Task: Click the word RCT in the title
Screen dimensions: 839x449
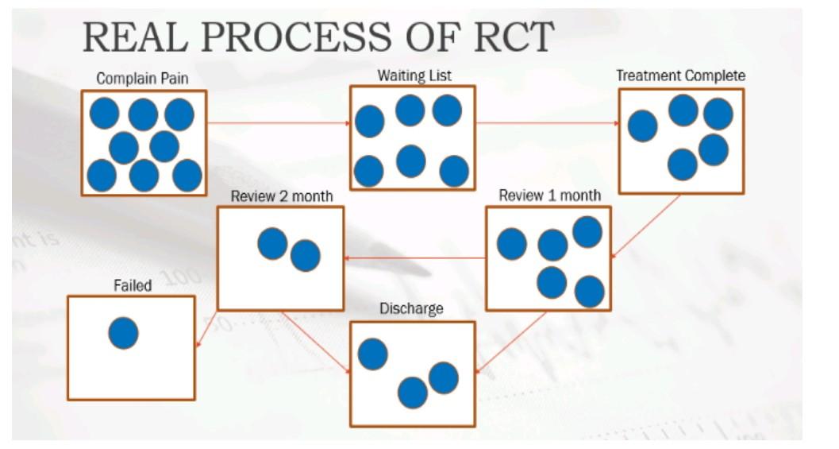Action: tap(513, 37)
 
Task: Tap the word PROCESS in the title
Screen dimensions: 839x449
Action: tap(295, 37)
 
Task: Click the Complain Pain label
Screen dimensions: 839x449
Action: tap(142, 79)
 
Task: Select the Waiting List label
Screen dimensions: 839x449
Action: tap(414, 75)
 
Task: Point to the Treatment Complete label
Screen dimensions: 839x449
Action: tap(680, 75)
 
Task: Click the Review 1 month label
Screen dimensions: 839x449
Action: tap(549, 195)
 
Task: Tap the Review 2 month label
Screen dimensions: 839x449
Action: tap(282, 196)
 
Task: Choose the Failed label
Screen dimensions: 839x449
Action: tap(133, 285)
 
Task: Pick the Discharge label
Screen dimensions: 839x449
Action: tap(411, 309)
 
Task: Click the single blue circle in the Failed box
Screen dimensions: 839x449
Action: tap(123, 333)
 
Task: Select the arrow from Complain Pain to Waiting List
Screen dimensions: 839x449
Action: tap(279, 123)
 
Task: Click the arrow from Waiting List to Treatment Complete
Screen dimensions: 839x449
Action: tap(548, 123)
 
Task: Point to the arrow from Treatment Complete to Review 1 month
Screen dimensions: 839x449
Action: tap(645, 226)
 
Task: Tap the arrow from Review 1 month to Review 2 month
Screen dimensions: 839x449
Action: tap(415, 258)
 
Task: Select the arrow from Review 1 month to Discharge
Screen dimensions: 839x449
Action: tap(510, 342)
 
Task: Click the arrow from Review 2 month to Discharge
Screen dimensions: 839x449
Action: tap(316, 343)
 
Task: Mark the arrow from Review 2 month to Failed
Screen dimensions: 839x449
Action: tap(206, 329)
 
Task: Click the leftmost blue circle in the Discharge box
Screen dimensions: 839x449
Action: tap(372, 354)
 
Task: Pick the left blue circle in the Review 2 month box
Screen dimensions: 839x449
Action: tap(272, 243)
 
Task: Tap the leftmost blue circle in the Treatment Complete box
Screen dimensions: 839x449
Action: tap(642, 126)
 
